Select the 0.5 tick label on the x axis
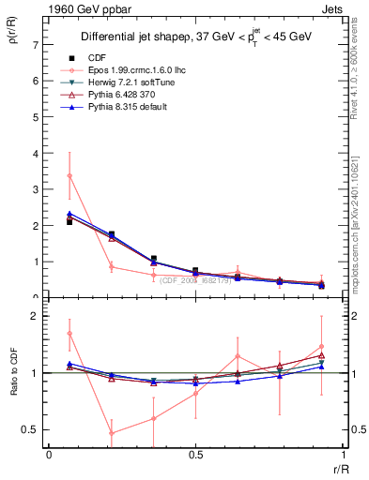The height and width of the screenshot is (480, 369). (x=194, y=455)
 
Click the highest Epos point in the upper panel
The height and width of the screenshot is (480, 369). (x=69, y=175)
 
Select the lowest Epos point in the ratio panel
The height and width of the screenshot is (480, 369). (x=112, y=433)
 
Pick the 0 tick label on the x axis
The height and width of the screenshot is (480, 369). (x=48, y=455)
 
